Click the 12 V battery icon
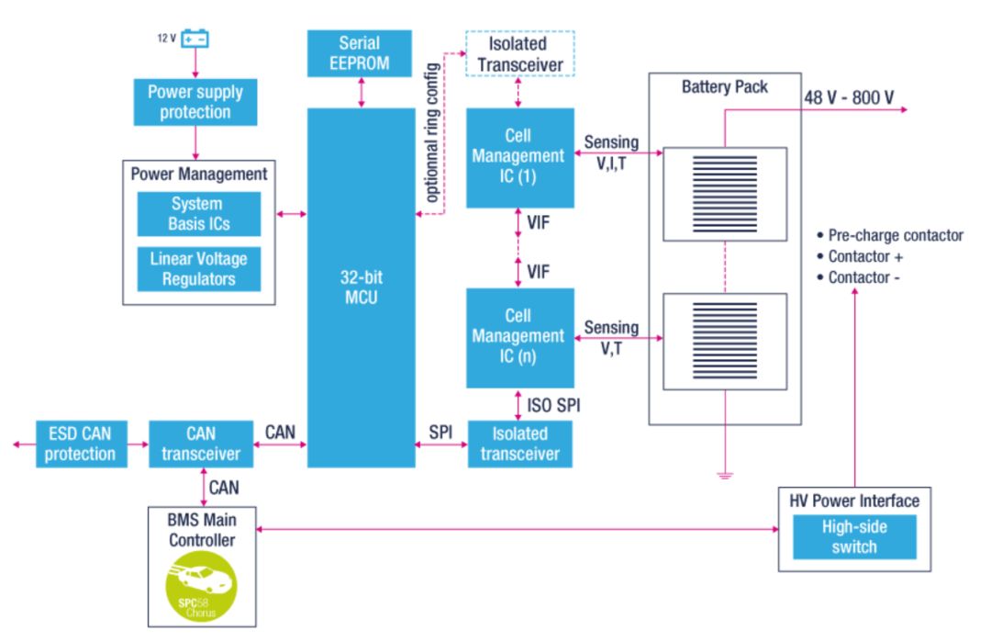click(195, 39)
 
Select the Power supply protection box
click(195, 102)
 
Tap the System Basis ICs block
click(198, 214)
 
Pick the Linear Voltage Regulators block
click(198, 268)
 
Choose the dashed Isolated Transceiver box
click(520, 53)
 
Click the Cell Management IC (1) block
click(519, 157)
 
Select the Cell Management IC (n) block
click(519, 337)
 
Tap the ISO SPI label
click(554, 404)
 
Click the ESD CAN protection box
click(81, 444)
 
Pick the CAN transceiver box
click(200, 444)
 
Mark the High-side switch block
click(854, 535)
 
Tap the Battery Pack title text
click(724, 87)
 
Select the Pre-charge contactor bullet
click(890, 235)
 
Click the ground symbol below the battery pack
click(725, 474)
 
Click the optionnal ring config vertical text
click(433, 134)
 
